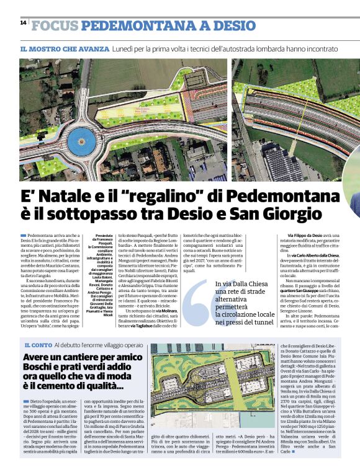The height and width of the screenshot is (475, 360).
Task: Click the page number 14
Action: pyautogui.click(x=23, y=22)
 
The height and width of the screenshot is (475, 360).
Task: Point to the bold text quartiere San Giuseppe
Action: pyautogui.click(x=304, y=290)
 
